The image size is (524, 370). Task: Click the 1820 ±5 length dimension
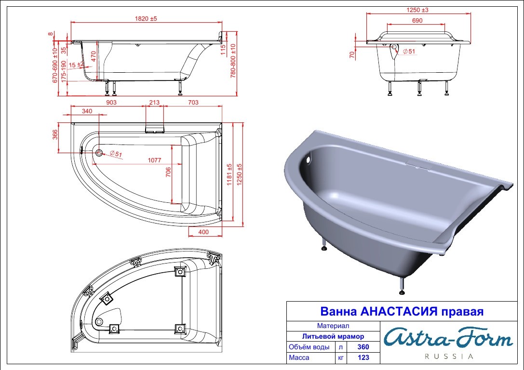tap(146, 19)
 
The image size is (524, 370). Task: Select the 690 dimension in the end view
tap(417, 20)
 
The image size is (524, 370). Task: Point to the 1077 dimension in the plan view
tap(154, 160)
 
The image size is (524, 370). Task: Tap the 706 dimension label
tap(168, 172)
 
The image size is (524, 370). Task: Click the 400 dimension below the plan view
tap(203, 232)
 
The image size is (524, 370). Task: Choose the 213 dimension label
tap(154, 103)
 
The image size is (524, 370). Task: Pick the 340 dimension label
tap(87, 111)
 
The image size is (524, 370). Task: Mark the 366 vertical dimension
tap(55, 134)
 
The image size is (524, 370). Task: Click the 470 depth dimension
tap(94, 56)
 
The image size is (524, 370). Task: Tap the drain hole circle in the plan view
tap(99, 153)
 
